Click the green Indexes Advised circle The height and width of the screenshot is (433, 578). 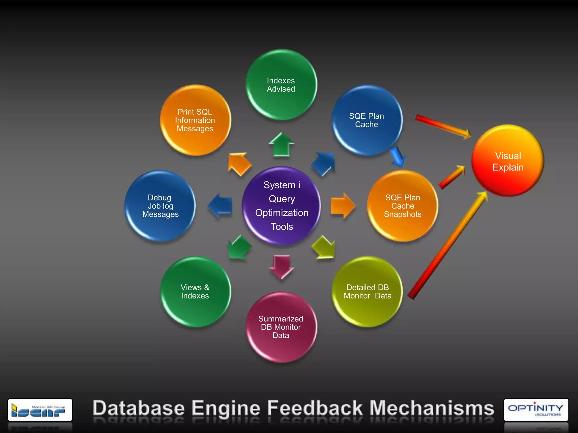281,85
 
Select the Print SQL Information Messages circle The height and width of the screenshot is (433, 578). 195,120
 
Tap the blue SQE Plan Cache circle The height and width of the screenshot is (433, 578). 367,120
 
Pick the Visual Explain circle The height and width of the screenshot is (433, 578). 508,161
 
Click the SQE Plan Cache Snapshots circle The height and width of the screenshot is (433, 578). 402,206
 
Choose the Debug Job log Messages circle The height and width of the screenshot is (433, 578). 160,206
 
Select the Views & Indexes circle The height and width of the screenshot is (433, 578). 195,291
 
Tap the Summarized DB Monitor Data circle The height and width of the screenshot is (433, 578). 281,327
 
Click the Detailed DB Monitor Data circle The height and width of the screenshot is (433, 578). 367,291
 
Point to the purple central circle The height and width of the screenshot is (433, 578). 281,206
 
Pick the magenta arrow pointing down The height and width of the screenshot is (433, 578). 281,267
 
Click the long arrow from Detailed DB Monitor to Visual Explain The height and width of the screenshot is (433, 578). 449,245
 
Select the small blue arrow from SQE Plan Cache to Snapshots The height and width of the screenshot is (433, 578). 398,156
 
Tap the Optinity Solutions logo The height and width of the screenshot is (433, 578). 536,410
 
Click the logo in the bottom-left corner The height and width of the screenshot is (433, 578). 40,410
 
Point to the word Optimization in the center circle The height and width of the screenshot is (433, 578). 282,213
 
